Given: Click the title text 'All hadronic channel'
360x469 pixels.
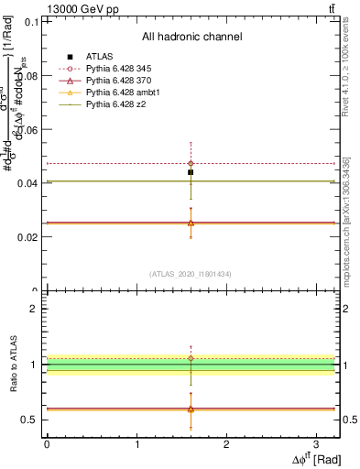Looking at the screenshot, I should tap(191, 37).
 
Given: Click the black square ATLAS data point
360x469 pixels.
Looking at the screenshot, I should tap(191, 172).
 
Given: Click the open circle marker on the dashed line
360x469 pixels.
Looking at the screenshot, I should tap(191, 163).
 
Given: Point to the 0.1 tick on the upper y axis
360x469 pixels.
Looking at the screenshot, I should tap(31, 22).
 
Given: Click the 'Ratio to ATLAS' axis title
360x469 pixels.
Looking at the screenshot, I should tap(12, 365).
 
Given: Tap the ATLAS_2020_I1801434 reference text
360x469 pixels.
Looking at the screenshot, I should tap(191, 274).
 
